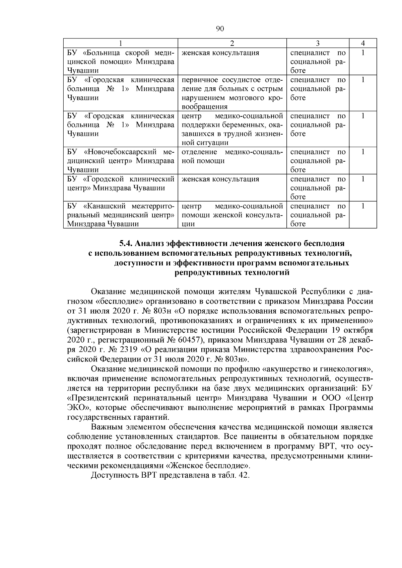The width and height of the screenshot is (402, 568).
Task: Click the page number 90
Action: click(x=220, y=29)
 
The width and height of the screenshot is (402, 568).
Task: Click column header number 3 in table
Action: click(x=318, y=43)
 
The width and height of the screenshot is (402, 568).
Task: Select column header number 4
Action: click(x=363, y=43)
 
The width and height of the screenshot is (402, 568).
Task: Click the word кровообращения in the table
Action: click(x=204, y=107)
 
